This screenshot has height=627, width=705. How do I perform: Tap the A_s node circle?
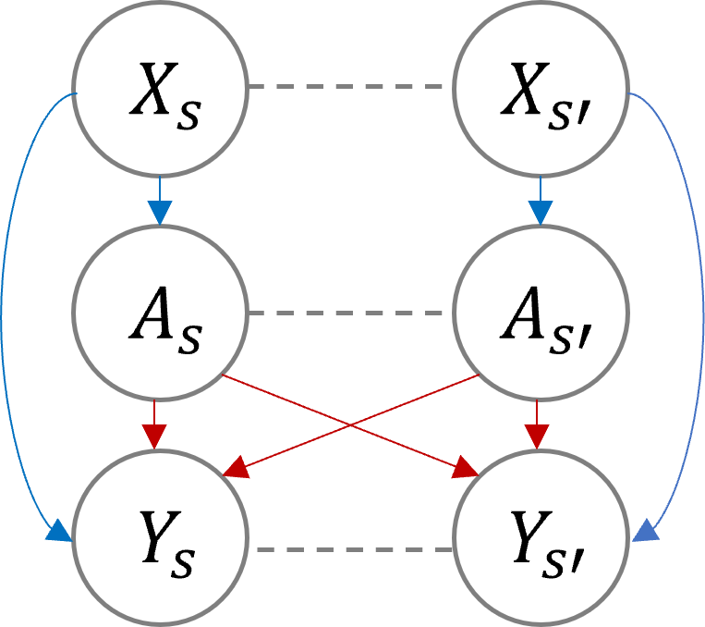point(160,314)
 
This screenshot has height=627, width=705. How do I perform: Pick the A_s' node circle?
point(542,314)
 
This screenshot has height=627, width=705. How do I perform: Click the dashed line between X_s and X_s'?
point(351,89)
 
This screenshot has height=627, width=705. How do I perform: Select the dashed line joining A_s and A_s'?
point(351,314)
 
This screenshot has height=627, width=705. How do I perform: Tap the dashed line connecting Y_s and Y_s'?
point(351,549)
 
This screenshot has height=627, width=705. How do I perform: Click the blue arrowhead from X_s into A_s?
point(160,212)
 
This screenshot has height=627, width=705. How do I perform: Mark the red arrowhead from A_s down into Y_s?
point(154,436)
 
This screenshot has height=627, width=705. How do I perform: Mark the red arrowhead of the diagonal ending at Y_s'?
point(466,470)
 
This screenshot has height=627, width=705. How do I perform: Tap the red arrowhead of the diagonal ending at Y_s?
point(236,470)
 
